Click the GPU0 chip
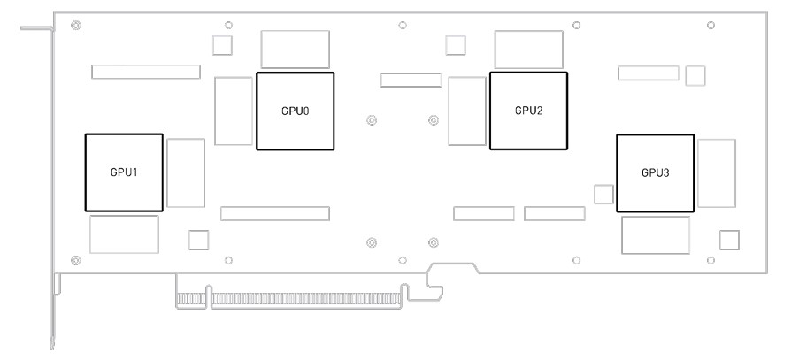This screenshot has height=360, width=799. [x=295, y=111]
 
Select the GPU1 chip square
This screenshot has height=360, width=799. [x=124, y=172]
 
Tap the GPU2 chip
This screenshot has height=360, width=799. [x=528, y=111]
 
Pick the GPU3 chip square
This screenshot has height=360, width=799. [x=655, y=172]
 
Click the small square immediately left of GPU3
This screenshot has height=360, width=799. [x=604, y=194]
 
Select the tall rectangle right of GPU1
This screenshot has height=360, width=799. [x=186, y=172]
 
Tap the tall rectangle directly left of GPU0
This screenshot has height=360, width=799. [x=234, y=111]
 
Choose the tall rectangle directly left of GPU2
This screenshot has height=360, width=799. [x=467, y=111]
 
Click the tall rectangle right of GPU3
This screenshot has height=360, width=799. [x=717, y=172]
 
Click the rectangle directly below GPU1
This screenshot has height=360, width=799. [x=124, y=234]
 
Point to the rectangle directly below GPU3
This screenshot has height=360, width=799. [x=655, y=234]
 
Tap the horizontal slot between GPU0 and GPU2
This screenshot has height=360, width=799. [x=411, y=80]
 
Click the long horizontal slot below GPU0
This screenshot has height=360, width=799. [x=275, y=213]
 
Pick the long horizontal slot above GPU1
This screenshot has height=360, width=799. [x=145, y=71]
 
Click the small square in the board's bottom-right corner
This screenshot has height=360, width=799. [x=730, y=239]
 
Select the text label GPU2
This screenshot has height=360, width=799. [x=528, y=111]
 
